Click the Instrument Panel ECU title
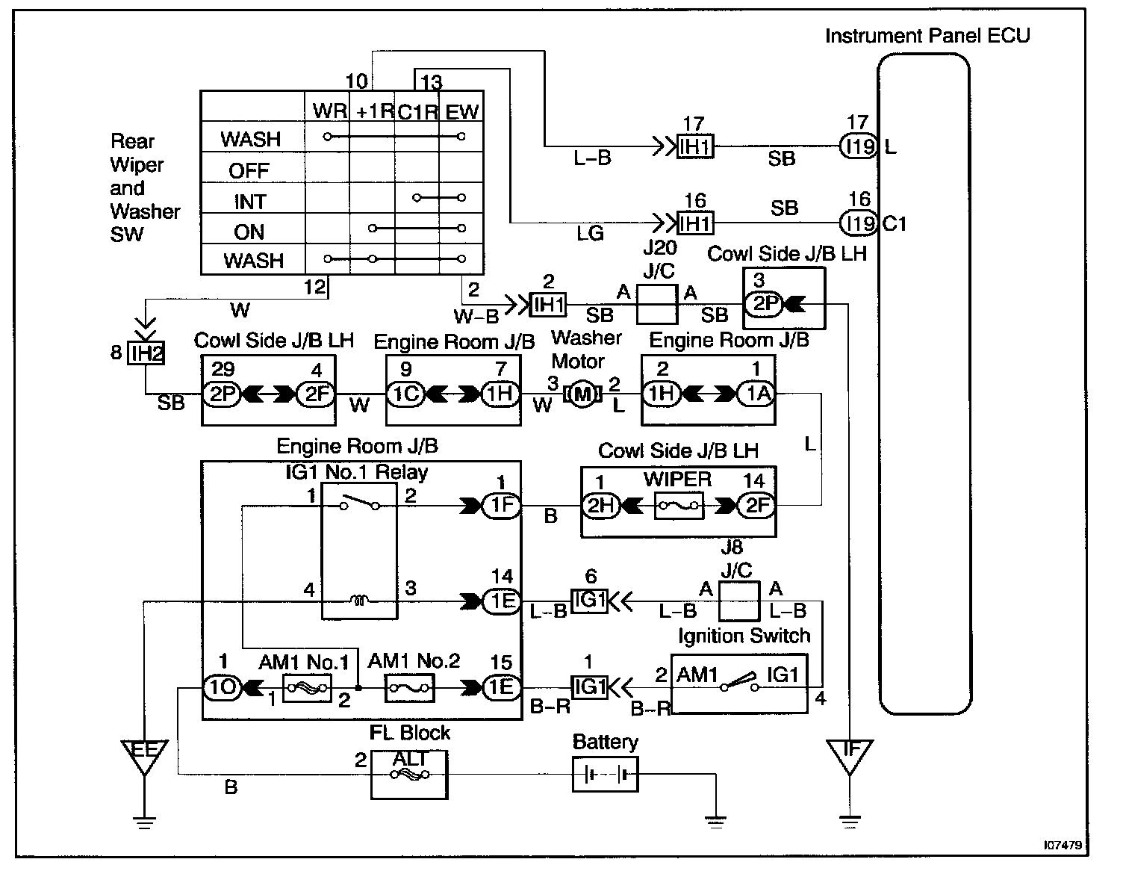(x=927, y=36)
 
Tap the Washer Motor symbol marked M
(x=582, y=394)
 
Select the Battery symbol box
(x=605, y=775)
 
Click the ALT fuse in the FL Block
(x=409, y=775)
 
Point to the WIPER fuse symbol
(x=679, y=506)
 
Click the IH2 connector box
(x=146, y=353)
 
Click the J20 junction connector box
(x=657, y=304)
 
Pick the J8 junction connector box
(x=739, y=601)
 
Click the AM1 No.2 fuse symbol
(x=409, y=688)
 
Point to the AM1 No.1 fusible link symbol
(x=307, y=688)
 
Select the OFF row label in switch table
(x=249, y=170)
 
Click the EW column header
(x=462, y=111)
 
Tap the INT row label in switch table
(x=250, y=202)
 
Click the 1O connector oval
(x=223, y=687)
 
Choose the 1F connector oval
(x=501, y=505)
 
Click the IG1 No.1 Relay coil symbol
(x=359, y=600)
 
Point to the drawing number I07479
(x=1063, y=845)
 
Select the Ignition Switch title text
(x=744, y=636)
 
